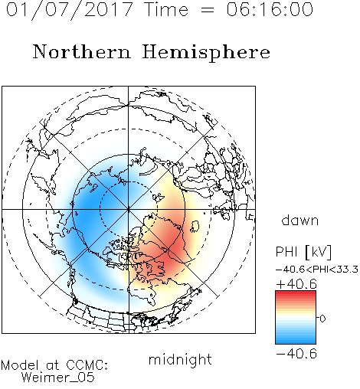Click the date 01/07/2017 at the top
coord(70,10)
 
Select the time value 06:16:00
coord(270,10)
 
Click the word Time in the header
coord(166,10)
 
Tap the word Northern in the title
coord(82,51)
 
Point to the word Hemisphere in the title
coord(206,53)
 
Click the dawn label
coord(300,220)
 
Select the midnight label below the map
coord(180,359)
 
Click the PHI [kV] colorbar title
coord(303,252)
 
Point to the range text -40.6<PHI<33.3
coord(317,270)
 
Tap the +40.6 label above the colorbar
coord(296,284)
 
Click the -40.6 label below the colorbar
coord(296,354)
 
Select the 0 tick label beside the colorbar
coord(322,319)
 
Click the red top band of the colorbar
coord(296,294)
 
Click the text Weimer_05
coord(58,378)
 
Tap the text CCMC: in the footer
coord(87,365)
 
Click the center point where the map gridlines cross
coord(129,209)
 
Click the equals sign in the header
coord(207,10)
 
